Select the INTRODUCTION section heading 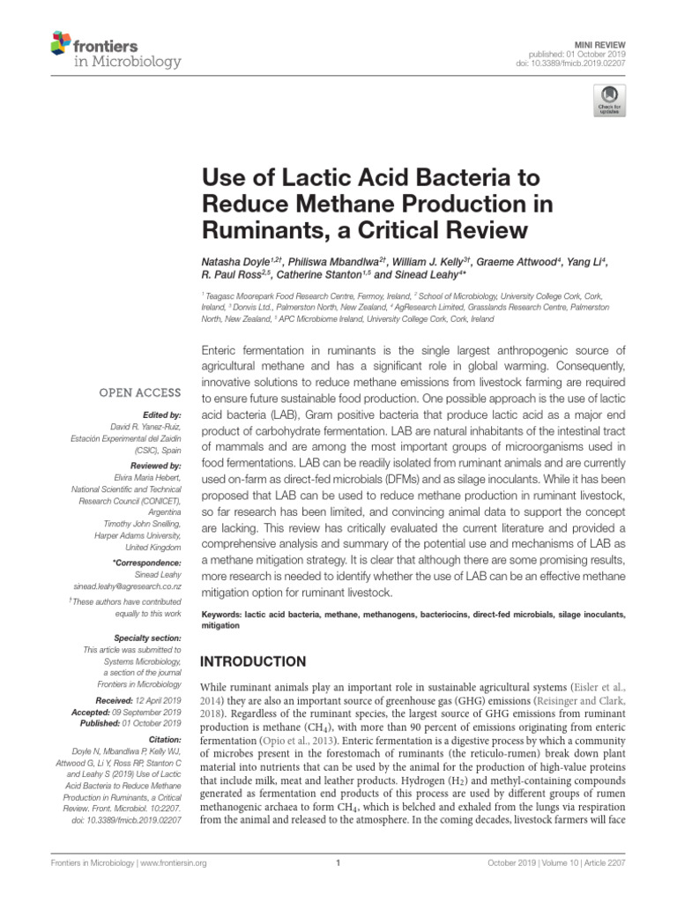click(254, 660)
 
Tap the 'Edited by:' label click(162, 414)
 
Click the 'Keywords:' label click(224, 613)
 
